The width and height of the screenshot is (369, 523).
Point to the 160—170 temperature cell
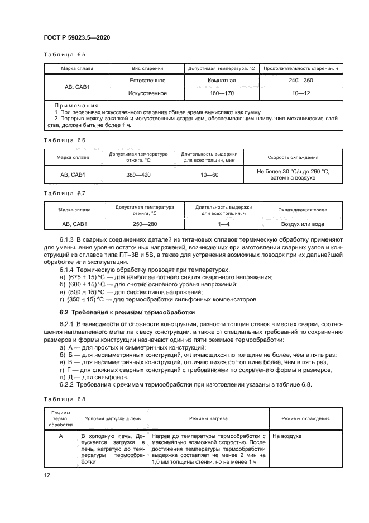coord(221,93)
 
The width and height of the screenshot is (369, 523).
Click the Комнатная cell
coord(221,81)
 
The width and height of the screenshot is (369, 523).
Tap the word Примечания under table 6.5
coord(77,105)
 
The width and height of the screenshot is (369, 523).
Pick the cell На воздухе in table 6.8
coord(286,435)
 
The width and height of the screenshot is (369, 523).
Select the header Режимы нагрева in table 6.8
coord(207,418)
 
